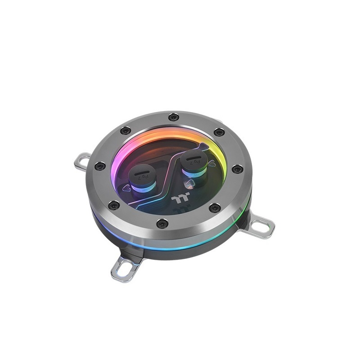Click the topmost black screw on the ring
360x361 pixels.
(174, 117)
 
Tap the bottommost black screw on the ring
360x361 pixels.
(162, 223)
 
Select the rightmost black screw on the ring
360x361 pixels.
(238, 169)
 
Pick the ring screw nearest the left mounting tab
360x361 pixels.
(100, 166)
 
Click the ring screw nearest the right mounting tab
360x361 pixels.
(215, 208)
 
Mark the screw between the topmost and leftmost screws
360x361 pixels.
(126, 131)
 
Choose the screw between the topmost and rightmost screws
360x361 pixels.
(219, 132)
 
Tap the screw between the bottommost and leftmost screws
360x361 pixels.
(114, 206)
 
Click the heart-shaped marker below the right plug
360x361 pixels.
(190, 184)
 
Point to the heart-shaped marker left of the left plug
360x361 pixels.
(126, 190)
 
